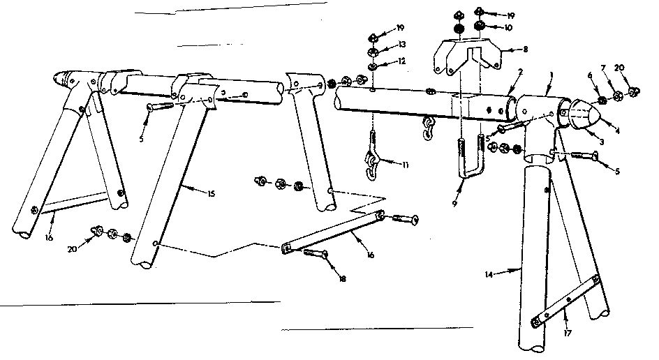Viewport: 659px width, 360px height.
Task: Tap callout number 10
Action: (510, 28)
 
